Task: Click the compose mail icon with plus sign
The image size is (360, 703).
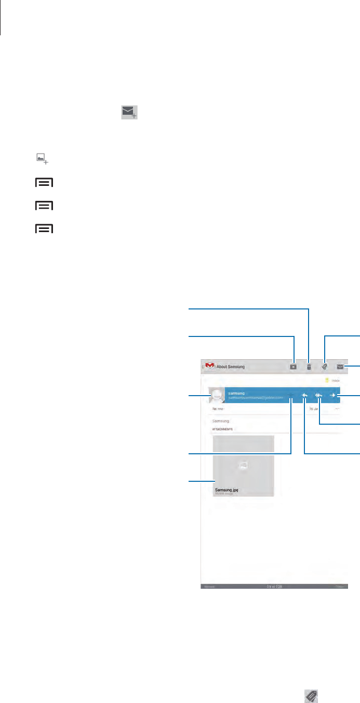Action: (130, 112)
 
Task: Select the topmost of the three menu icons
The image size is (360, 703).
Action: (45, 183)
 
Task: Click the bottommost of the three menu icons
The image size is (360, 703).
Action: (45, 228)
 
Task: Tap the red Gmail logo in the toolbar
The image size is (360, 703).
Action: (210, 366)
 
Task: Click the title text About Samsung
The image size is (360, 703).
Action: (230, 367)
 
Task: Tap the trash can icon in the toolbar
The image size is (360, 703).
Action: (309, 366)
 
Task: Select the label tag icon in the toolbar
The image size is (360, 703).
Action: (325, 366)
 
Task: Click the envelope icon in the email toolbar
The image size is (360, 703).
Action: (340, 366)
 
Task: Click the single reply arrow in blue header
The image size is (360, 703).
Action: (304, 396)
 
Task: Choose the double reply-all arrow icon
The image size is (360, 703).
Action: (319, 396)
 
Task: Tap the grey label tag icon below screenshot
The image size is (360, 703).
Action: (311, 695)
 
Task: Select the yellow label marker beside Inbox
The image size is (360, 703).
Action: (327, 381)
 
